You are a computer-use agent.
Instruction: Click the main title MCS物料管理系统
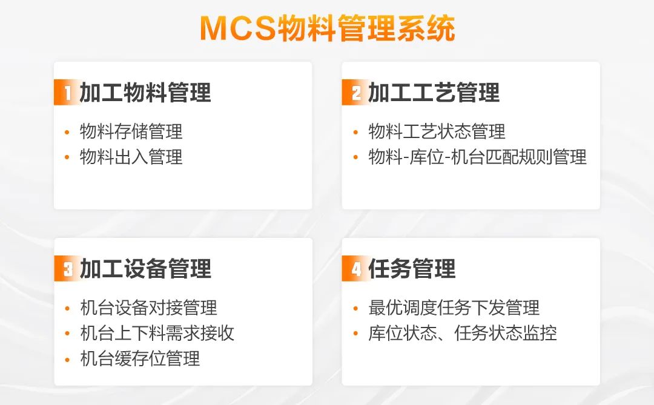(x=328, y=28)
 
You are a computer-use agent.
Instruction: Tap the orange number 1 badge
(x=66, y=92)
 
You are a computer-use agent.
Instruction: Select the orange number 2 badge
(x=354, y=92)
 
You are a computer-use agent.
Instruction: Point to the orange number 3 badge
(x=67, y=268)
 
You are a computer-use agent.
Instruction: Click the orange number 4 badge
(x=354, y=268)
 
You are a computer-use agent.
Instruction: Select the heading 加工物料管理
(x=145, y=92)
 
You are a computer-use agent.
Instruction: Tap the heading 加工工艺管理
(x=434, y=92)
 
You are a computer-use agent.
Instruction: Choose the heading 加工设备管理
(x=145, y=268)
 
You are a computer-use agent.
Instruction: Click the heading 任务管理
(x=412, y=268)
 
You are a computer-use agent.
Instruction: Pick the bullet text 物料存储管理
(x=131, y=131)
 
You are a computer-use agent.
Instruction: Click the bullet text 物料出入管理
(x=131, y=157)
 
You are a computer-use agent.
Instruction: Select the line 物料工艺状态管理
(x=437, y=131)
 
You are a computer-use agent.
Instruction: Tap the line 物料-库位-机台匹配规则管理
(x=477, y=157)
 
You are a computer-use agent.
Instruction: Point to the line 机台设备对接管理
(x=148, y=308)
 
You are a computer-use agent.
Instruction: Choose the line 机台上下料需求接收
(x=157, y=333)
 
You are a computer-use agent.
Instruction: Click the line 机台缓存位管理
(x=140, y=359)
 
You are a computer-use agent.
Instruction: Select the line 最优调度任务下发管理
(x=454, y=308)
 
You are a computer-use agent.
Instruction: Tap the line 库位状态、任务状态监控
(x=463, y=333)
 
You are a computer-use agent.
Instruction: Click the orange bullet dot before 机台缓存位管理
(x=67, y=360)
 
